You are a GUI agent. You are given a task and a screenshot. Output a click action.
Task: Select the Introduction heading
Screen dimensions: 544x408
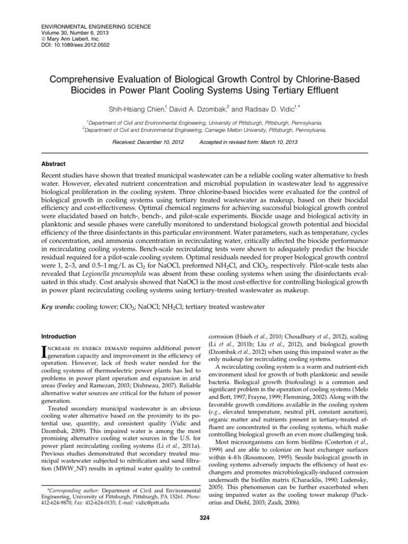(x=59, y=336)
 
